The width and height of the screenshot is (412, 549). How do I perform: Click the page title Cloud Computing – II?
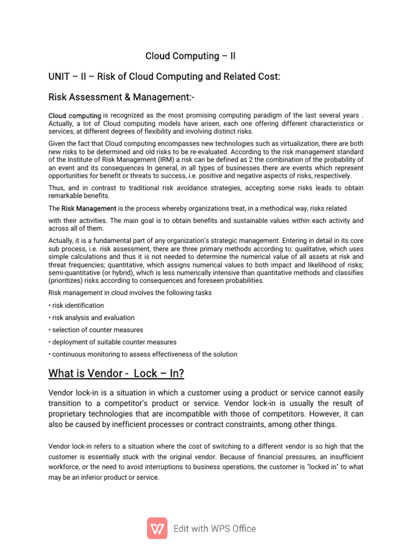coord(190,56)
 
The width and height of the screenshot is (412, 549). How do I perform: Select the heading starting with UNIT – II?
coord(164,77)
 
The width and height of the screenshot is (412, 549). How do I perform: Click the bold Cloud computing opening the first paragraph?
coord(75,116)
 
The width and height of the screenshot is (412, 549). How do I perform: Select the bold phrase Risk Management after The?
coord(89,208)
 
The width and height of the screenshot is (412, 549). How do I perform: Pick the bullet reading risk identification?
coord(76,306)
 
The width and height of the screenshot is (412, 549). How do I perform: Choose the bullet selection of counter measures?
coord(95,330)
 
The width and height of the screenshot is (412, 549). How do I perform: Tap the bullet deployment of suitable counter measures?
coord(112,342)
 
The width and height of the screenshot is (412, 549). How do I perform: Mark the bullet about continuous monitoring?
coord(143,354)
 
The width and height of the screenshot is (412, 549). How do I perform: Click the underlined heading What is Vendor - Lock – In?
coord(116,373)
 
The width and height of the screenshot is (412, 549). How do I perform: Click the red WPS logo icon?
coord(157,529)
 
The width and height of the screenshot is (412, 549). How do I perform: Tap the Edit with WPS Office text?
coord(215,529)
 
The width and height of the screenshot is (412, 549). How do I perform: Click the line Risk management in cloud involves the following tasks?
coord(130,293)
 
